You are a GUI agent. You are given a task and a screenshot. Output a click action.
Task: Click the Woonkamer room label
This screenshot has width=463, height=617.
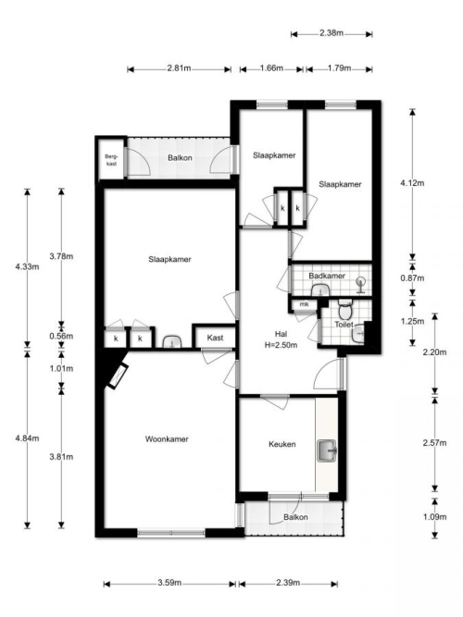click(167, 438)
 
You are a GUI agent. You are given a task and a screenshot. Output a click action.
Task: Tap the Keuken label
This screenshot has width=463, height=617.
click(282, 444)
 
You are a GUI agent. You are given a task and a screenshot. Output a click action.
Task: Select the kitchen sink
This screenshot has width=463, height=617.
click(327, 450)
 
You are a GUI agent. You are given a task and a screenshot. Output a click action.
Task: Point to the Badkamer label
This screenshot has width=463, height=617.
click(327, 276)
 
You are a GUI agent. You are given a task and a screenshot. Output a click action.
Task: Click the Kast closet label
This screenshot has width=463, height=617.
click(215, 338)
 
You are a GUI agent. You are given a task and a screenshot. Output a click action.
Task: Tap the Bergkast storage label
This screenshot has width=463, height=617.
click(111, 160)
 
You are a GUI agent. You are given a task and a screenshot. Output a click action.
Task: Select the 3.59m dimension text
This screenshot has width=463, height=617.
click(169, 583)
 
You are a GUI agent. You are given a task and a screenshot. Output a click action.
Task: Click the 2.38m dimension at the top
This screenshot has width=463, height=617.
click(332, 33)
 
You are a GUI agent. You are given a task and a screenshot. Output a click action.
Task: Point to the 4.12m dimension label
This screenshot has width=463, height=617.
click(412, 183)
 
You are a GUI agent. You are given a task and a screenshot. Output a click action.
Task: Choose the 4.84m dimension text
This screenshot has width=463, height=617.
click(27, 438)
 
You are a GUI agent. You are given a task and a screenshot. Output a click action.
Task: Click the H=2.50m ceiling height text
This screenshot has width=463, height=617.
click(281, 345)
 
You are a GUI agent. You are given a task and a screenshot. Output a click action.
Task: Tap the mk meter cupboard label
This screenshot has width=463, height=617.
click(304, 304)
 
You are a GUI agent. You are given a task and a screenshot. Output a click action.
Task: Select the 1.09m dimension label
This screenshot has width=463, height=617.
click(435, 517)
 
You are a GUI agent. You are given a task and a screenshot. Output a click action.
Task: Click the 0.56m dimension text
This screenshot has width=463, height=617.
click(61, 336)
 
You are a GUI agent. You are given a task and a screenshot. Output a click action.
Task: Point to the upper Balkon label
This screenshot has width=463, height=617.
click(180, 158)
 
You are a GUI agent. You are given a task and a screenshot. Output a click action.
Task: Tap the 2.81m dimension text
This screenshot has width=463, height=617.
click(179, 68)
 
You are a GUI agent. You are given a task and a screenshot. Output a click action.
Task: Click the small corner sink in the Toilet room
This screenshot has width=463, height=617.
click(358, 335)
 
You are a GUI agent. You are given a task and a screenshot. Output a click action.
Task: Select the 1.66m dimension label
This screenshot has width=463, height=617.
click(271, 68)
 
